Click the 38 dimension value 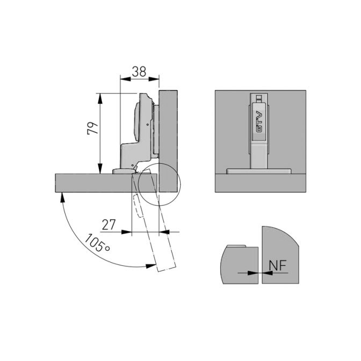click(x=139, y=71)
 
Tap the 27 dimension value click(x=109, y=225)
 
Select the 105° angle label click(x=97, y=243)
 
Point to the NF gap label click(x=277, y=265)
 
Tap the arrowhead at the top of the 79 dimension click(x=100, y=98)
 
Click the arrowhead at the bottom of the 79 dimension click(x=100, y=168)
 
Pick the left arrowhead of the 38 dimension click(x=126, y=79)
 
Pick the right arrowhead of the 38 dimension click(x=154, y=79)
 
